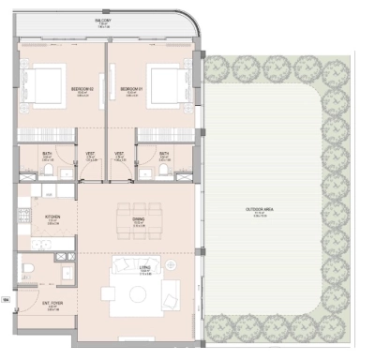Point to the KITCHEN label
52,221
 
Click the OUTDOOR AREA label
258,211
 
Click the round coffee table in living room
138,294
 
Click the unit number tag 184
6,300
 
